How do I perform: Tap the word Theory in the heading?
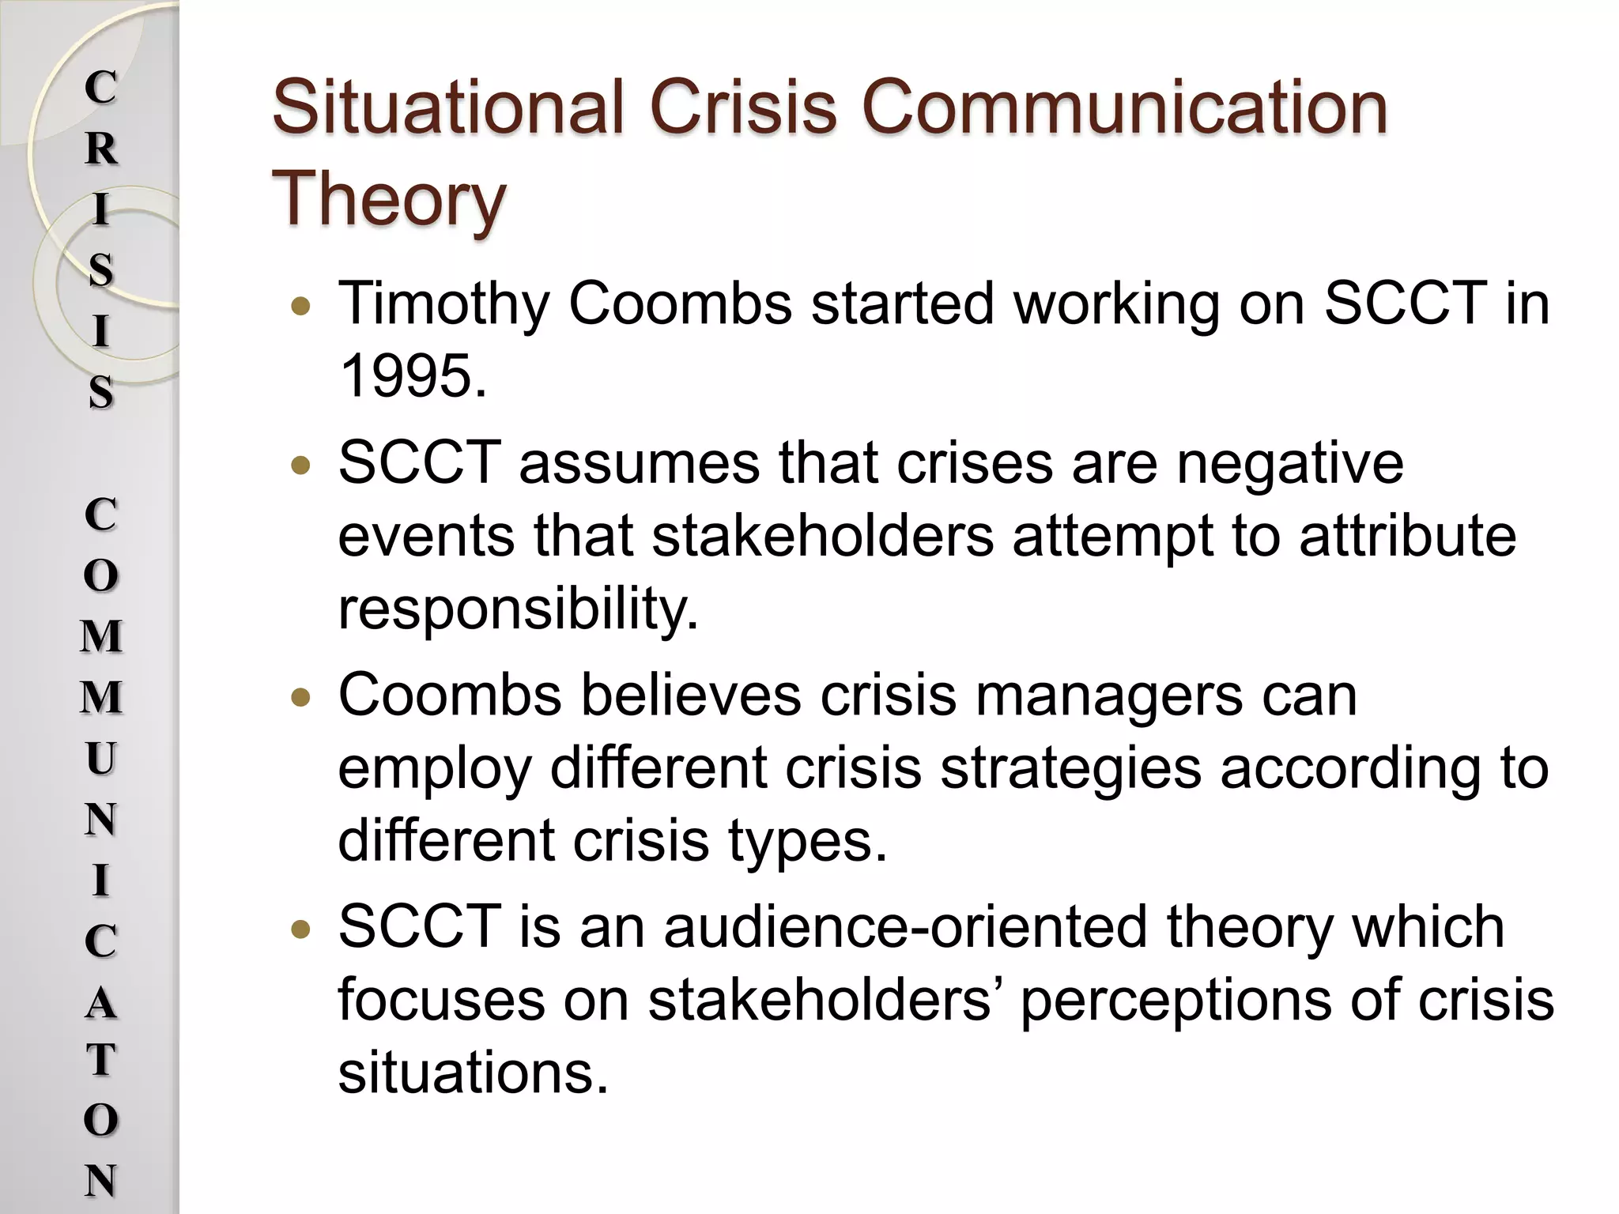coord(388,199)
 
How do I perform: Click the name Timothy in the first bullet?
coord(443,304)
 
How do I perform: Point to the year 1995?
coord(411,376)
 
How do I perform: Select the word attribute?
coord(1408,536)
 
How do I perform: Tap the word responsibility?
coord(518,609)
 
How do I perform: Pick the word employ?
coord(434,768)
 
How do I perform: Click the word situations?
coord(473,1073)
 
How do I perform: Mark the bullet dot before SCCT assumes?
coord(300,466)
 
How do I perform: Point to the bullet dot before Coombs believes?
coord(300,698)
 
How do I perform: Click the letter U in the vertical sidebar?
coord(100,759)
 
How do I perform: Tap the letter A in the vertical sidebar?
coord(100,1003)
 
